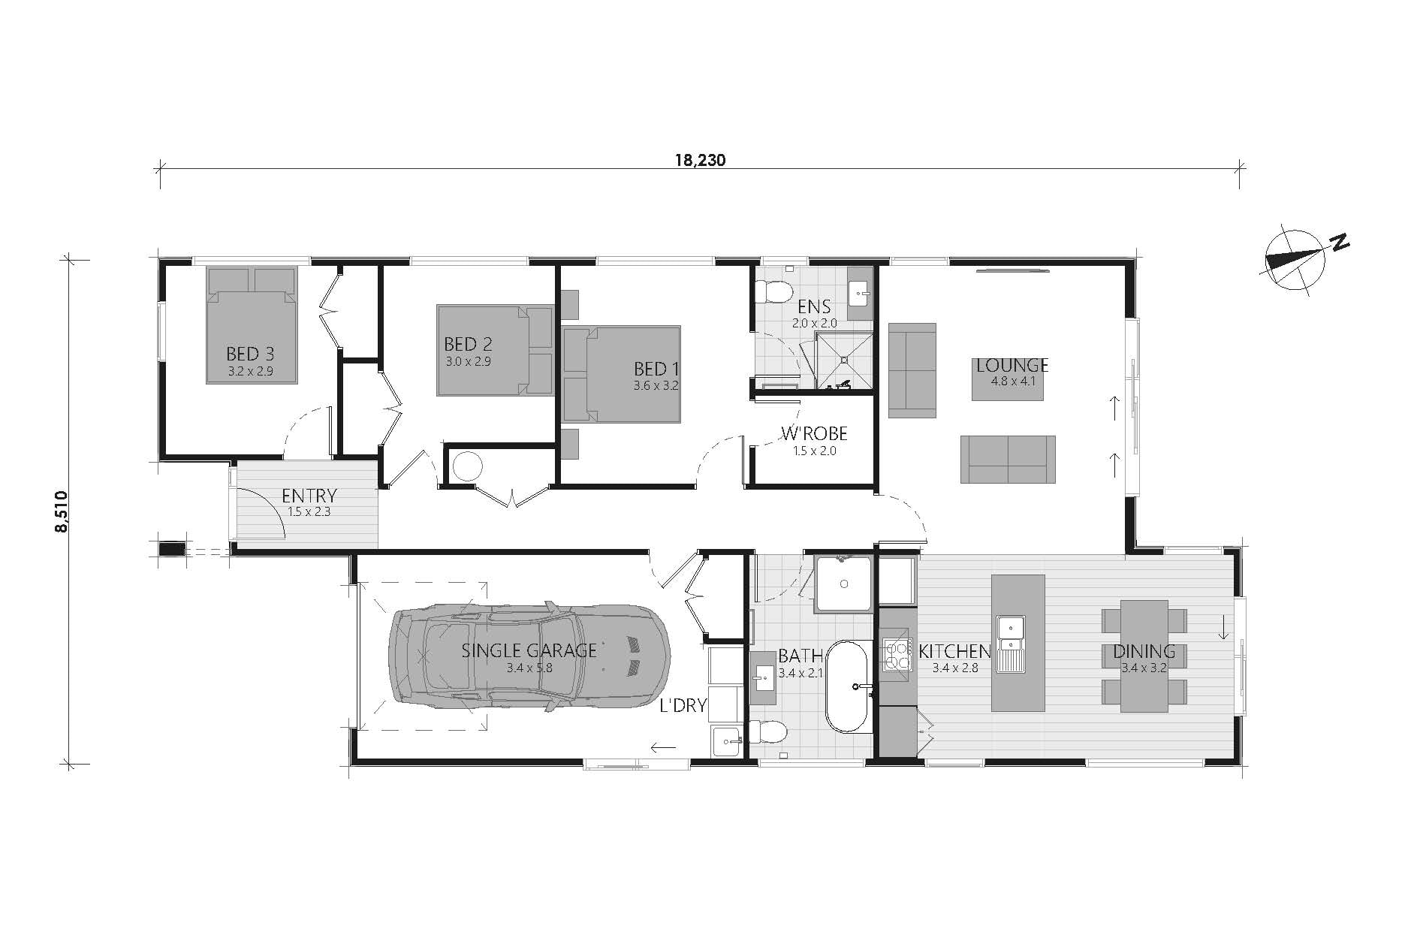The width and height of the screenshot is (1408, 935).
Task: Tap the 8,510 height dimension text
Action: (x=61, y=511)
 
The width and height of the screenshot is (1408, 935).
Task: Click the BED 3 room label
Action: (x=249, y=353)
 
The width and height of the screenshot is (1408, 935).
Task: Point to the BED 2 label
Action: (x=468, y=344)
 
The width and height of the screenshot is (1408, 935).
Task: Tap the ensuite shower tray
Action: (x=845, y=360)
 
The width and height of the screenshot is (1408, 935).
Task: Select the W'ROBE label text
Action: (x=814, y=433)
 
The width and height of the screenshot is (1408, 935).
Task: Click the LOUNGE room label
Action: (x=1012, y=366)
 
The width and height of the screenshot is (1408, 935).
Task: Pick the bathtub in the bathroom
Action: (x=849, y=686)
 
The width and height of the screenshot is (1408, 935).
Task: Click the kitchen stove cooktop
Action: (x=896, y=653)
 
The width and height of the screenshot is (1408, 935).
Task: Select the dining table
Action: (x=1144, y=656)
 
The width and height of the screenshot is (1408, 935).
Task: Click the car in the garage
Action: (x=529, y=658)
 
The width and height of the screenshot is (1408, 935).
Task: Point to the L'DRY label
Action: (x=683, y=706)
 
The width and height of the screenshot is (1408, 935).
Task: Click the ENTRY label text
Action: (x=309, y=496)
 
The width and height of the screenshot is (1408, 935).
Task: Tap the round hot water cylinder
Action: (x=469, y=466)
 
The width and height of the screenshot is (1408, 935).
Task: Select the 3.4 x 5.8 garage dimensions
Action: (x=529, y=668)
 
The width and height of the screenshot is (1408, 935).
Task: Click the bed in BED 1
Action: (x=622, y=373)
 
